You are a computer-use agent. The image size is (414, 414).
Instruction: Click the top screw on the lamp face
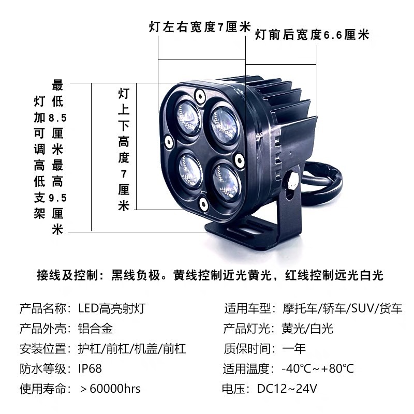200,96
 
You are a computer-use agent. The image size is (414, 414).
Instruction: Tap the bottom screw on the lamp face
203,204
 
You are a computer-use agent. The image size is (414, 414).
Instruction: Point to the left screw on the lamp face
169,141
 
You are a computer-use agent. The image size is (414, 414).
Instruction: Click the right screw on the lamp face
239,160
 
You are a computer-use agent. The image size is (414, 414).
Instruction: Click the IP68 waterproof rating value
90,368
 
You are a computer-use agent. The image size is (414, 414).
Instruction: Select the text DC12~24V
287,389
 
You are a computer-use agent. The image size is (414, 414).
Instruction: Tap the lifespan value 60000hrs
115,389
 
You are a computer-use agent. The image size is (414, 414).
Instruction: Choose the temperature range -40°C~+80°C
318,368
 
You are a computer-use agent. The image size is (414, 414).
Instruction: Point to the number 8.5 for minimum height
57,118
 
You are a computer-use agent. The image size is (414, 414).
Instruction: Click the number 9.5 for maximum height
57,198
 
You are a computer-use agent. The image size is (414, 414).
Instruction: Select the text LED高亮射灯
112,308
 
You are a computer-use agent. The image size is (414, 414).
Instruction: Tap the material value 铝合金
96,329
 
